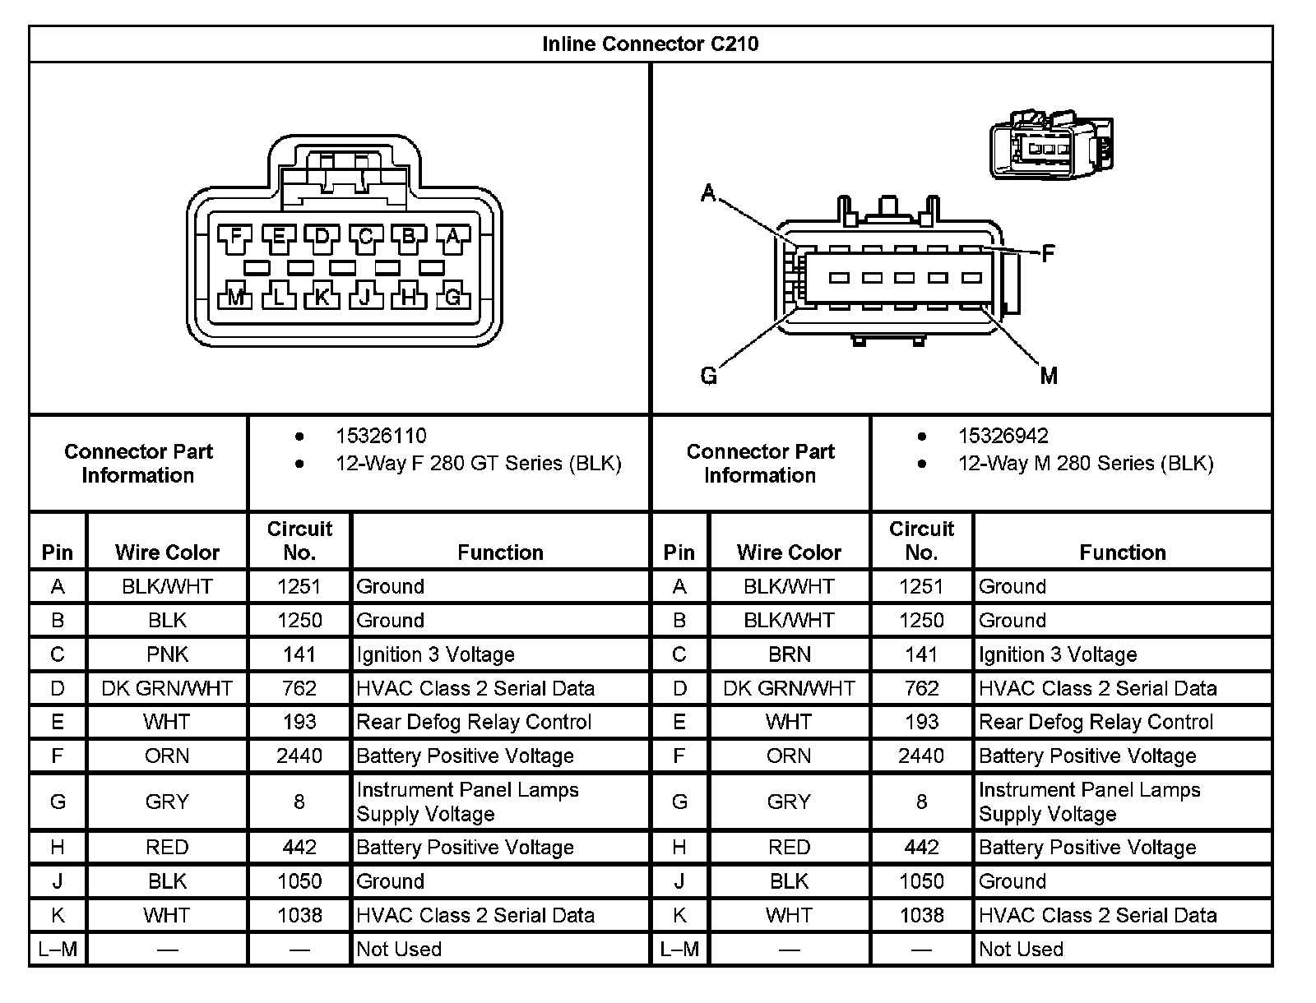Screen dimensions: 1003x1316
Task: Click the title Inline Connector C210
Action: (x=650, y=44)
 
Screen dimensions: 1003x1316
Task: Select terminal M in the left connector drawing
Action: (x=236, y=297)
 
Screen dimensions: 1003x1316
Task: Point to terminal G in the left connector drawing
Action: (x=452, y=297)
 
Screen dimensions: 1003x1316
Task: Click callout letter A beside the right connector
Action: (x=708, y=194)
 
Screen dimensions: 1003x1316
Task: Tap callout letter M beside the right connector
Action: (x=1049, y=377)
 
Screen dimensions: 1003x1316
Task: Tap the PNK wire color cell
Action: (x=167, y=654)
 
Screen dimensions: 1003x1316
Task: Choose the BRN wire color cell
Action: (x=789, y=654)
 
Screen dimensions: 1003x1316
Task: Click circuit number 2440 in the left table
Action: (x=299, y=756)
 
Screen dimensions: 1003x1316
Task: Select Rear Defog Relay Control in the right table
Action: (x=1096, y=722)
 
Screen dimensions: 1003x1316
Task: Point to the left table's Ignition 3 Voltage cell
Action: (x=435, y=654)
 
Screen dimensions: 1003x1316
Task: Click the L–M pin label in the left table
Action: (x=58, y=949)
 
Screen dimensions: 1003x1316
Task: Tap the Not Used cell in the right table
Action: (x=1021, y=949)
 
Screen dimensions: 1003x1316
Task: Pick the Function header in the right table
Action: (x=1123, y=552)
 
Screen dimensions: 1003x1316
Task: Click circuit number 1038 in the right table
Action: (x=921, y=915)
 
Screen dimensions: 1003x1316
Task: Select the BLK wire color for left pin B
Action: (x=167, y=620)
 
